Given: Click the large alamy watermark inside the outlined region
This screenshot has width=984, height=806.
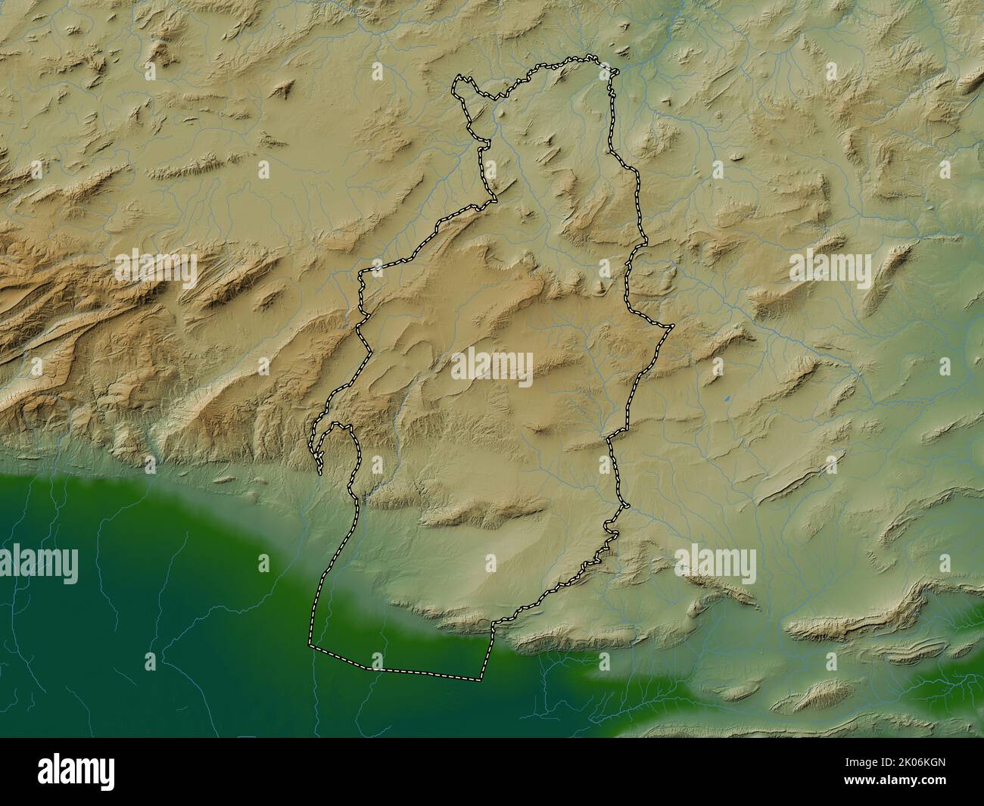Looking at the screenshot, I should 493,366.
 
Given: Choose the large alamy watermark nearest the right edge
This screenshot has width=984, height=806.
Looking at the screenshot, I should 830,267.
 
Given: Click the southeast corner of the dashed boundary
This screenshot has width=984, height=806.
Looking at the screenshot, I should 481,679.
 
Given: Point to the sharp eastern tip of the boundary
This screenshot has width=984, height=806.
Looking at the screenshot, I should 672,327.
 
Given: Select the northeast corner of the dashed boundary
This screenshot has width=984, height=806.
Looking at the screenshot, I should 617,72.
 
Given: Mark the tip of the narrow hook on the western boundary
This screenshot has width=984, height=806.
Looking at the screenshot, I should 320,473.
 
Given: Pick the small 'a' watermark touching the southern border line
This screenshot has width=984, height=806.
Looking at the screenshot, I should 378,661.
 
